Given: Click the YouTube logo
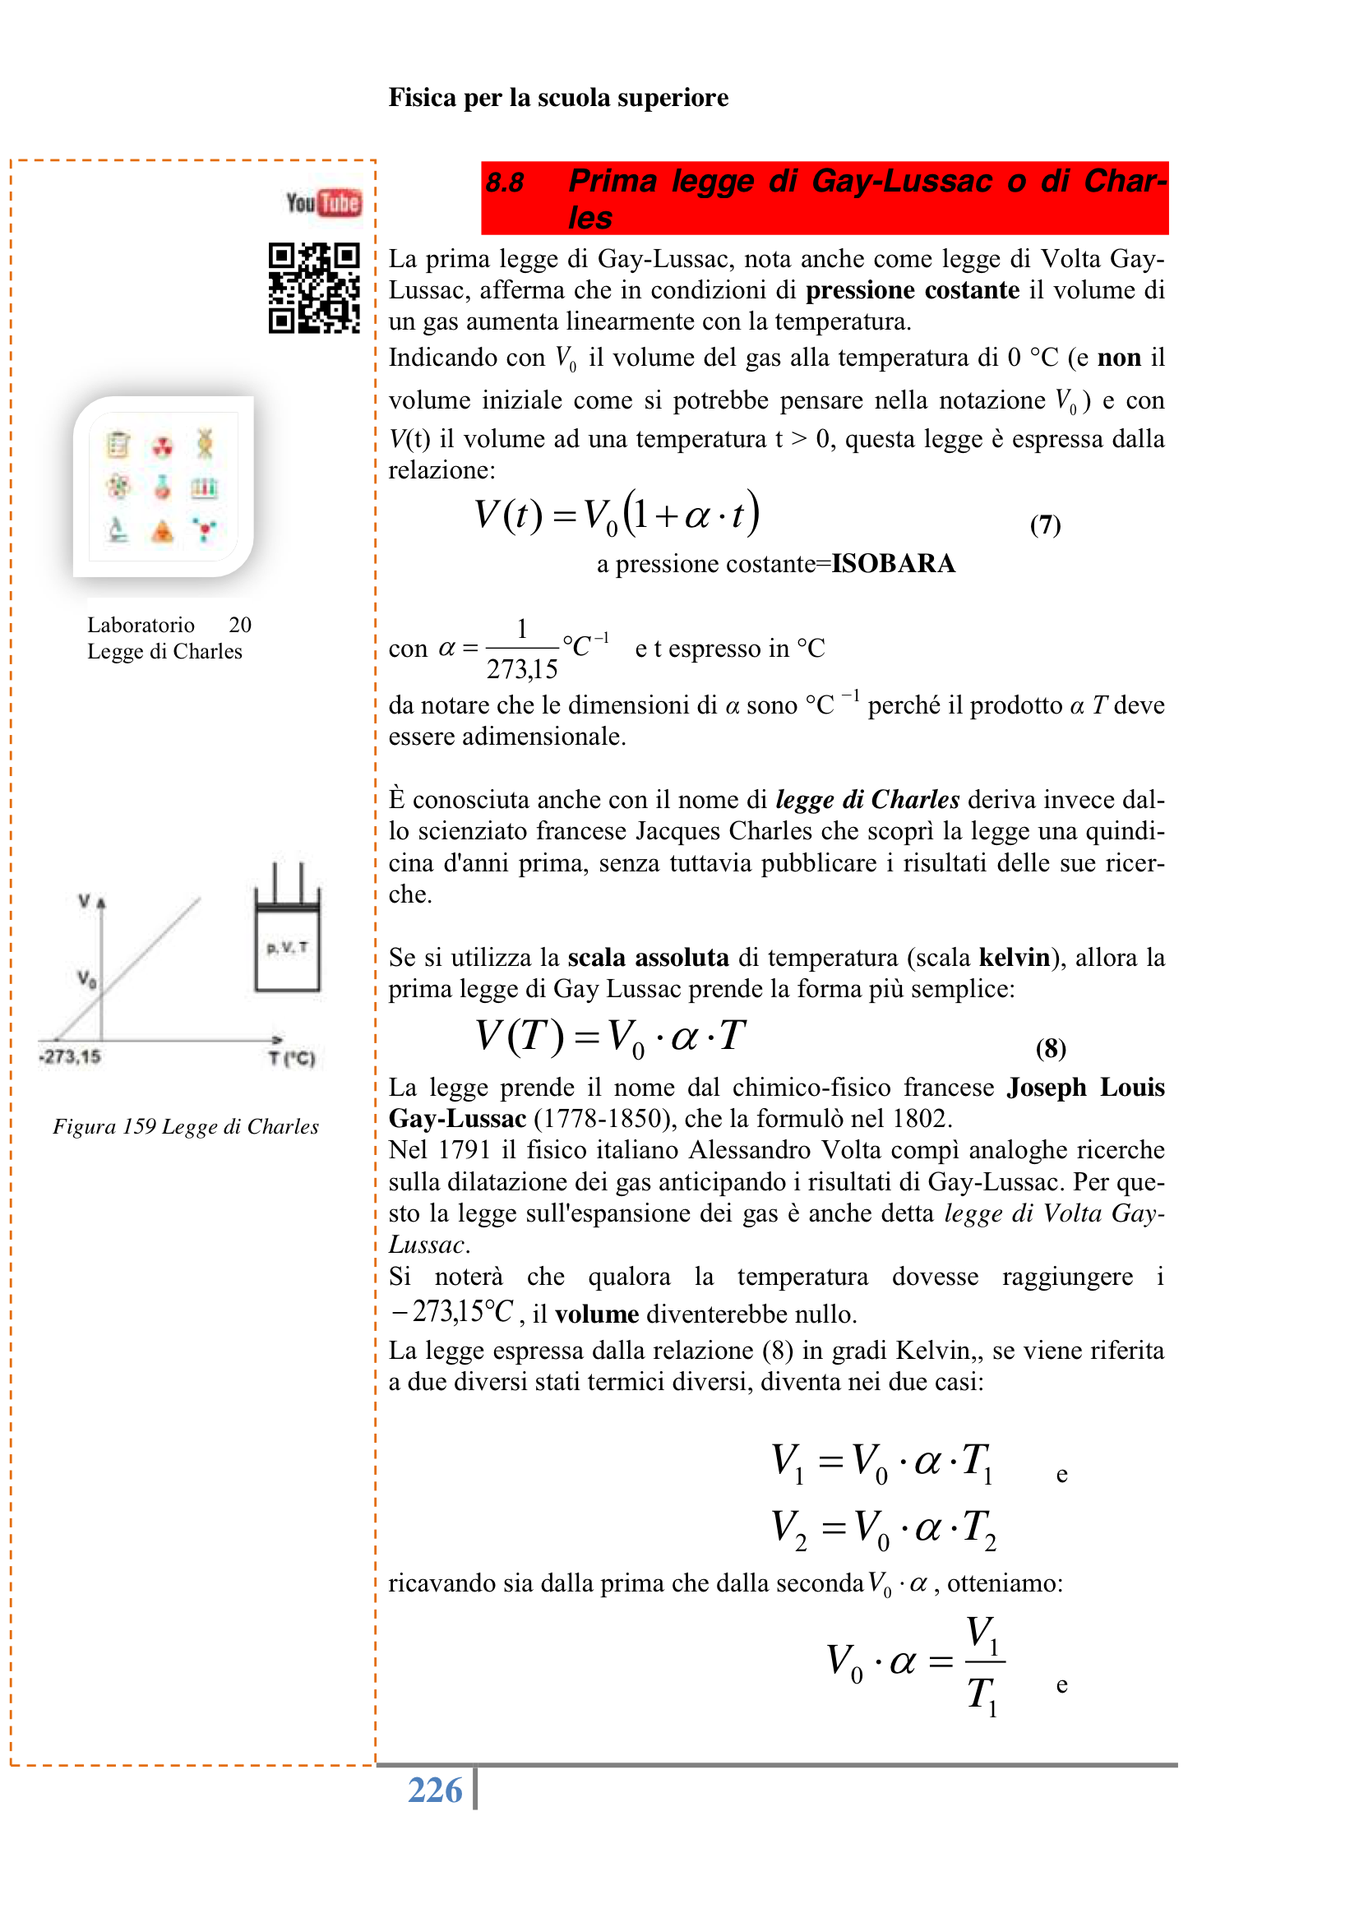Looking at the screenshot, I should point(323,202).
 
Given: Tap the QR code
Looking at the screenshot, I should point(314,288).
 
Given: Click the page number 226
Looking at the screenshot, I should point(435,1790).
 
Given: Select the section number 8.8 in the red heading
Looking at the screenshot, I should point(505,182).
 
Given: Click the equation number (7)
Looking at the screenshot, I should point(1045,524).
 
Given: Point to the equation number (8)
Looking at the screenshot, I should point(1050,1048).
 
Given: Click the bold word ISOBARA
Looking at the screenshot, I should point(893,563).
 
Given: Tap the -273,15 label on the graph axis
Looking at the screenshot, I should point(70,1056).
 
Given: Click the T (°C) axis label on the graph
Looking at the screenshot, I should point(291,1058).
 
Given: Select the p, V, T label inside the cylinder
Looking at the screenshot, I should point(287,948).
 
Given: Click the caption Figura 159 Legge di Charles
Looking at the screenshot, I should point(186,1127).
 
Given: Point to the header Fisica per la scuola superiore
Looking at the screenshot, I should point(557,98).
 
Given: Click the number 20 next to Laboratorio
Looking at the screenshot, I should point(239,626).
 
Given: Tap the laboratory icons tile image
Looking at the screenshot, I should point(164,487).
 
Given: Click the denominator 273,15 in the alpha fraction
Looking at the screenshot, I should point(522,670).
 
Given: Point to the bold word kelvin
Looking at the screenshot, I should point(1014,958).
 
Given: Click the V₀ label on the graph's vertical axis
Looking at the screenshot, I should point(86,977).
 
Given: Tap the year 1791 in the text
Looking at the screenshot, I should point(465,1150).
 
